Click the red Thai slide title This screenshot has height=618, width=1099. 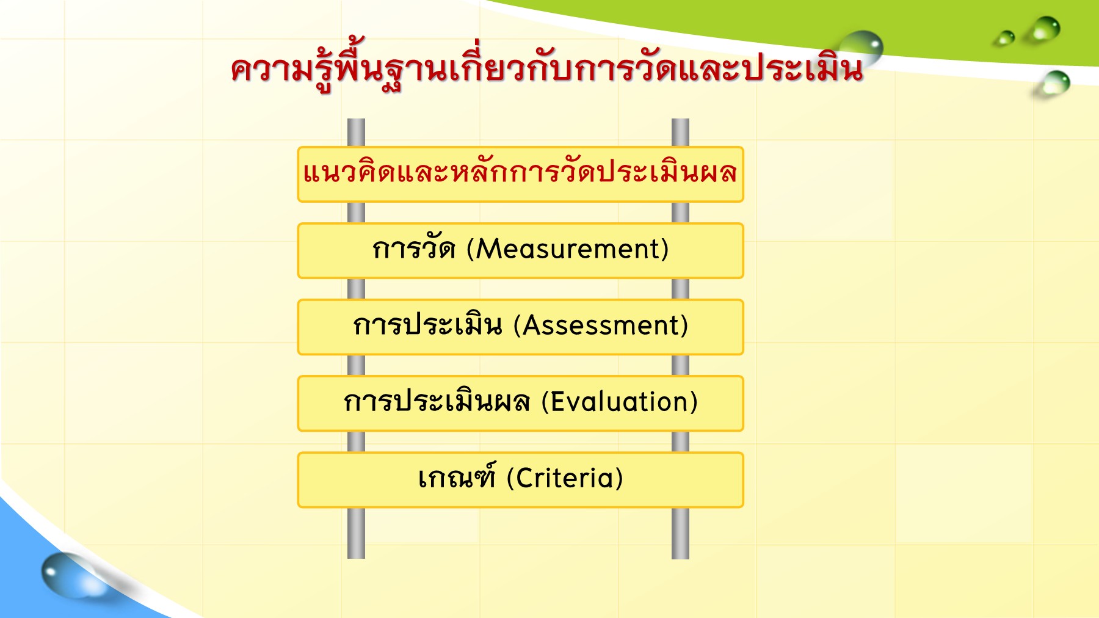(x=547, y=67)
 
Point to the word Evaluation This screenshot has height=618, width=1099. (x=619, y=402)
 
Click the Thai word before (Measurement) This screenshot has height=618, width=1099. (x=414, y=247)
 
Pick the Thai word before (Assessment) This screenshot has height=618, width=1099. (x=427, y=324)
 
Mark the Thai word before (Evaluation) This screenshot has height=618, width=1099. (x=437, y=401)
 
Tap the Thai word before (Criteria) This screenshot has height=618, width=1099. (x=457, y=476)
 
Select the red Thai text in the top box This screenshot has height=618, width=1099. (x=520, y=172)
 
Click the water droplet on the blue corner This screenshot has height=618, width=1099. (x=68, y=575)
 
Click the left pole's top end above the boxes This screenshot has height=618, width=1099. (x=356, y=120)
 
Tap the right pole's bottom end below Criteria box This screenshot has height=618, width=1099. (x=680, y=558)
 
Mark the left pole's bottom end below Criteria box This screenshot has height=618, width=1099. (x=356, y=558)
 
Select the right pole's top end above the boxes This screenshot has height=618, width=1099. (x=680, y=120)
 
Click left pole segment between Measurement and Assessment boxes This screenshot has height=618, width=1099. (x=356, y=289)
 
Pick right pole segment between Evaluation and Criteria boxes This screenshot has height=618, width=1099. (x=680, y=442)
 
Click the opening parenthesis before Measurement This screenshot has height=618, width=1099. (x=471, y=249)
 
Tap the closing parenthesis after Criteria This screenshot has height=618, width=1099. (x=619, y=478)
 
